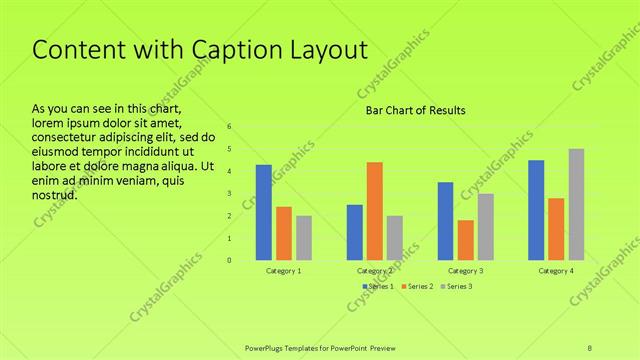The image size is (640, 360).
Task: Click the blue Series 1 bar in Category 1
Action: pyautogui.click(x=264, y=212)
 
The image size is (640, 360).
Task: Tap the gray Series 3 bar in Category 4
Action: pyautogui.click(x=576, y=204)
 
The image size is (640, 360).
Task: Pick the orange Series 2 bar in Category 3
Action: pyautogui.click(x=465, y=240)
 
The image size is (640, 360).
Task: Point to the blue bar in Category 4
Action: pyautogui.click(x=536, y=210)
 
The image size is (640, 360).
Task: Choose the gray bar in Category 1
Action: pyautogui.click(x=304, y=238)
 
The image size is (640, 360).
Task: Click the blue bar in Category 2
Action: pyautogui.click(x=355, y=232)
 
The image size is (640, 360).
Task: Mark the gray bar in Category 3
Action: pyautogui.click(x=485, y=227)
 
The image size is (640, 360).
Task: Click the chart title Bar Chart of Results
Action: pyautogui.click(x=410, y=110)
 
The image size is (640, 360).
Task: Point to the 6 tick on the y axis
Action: pyautogui.click(x=229, y=127)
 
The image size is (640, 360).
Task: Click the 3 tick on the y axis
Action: pyautogui.click(x=229, y=194)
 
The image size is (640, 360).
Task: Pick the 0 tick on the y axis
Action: pyautogui.click(x=229, y=261)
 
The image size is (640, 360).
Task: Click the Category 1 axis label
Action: pyautogui.click(x=284, y=271)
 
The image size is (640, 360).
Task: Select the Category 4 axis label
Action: pyautogui.click(x=556, y=271)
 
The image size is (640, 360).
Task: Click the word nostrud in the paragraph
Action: pyautogui.click(x=55, y=195)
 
